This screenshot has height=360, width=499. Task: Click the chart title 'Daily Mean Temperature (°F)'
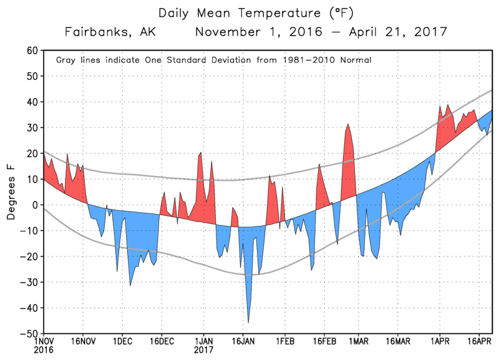[x=249, y=12]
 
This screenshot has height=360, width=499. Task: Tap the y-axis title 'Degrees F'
[x=11, y=192]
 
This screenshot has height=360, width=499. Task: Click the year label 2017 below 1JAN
[x=203, y=351]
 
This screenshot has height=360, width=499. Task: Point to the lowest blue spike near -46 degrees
[x=248, y=321]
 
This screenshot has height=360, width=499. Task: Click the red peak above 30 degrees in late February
[x=348, y=125]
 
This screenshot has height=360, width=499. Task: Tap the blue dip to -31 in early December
[x=130, y=285]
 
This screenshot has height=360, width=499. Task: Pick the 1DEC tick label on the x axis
[x=122, y=342]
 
